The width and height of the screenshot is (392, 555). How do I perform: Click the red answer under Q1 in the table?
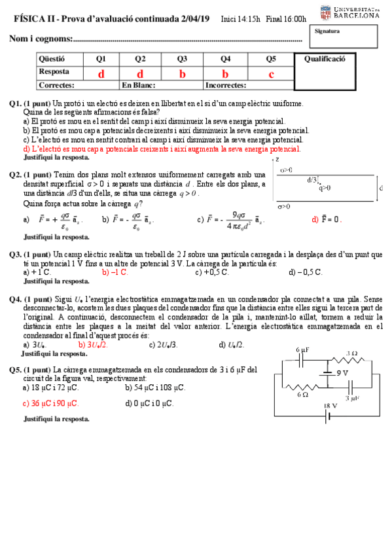(x=101, y=74)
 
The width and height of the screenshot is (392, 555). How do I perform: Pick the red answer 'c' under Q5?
(x=271, y=74)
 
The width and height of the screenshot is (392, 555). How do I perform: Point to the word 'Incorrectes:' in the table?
(x=226, y=85)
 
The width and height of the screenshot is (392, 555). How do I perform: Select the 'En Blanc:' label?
(x=138, y=85)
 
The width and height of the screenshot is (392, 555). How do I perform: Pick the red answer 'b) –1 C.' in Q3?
(x=115, y=272)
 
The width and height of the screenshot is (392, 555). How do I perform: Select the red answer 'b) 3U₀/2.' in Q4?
(x=93, y=344)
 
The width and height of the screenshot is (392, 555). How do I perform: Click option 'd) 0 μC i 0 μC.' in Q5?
(x=149, y=403)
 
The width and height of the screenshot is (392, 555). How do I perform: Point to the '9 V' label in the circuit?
(x=342, y=373)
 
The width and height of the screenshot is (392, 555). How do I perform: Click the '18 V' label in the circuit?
(x=330, y=406)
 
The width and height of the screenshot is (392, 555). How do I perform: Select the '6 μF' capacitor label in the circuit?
(x=302, y=351)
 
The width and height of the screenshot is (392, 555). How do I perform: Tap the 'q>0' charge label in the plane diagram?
(x=325, y=188)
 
